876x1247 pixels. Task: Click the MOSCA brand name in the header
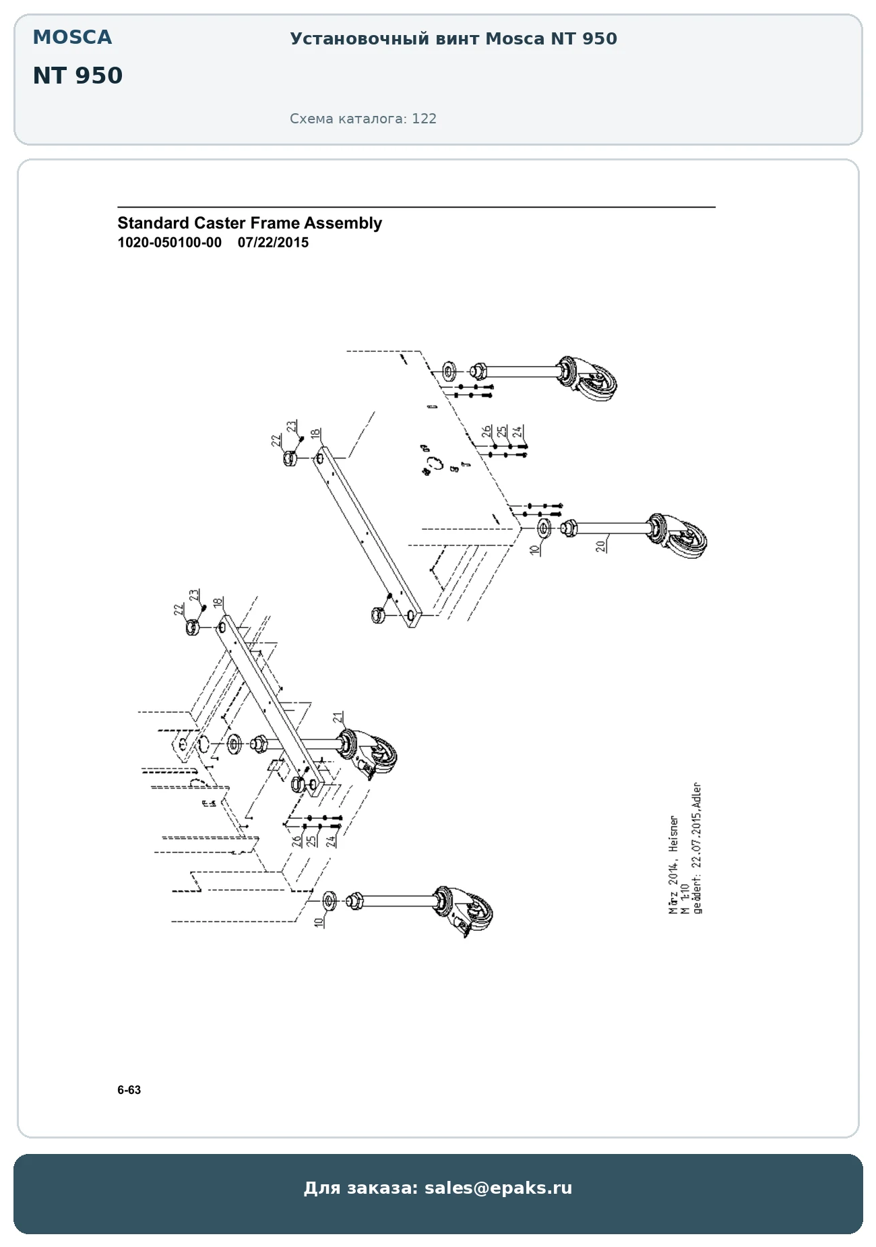[x=72, y=37]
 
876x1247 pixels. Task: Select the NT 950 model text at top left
[x=77, y=75]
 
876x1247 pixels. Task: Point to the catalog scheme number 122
[x=425, y=119]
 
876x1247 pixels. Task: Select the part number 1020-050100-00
[x=169, y=243]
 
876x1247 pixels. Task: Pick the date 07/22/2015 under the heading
[x=273, y=243]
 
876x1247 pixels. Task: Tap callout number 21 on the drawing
[x=338, y=717]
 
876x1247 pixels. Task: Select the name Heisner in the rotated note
[x=674, y=834]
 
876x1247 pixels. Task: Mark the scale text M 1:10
[x=685, y=899]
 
